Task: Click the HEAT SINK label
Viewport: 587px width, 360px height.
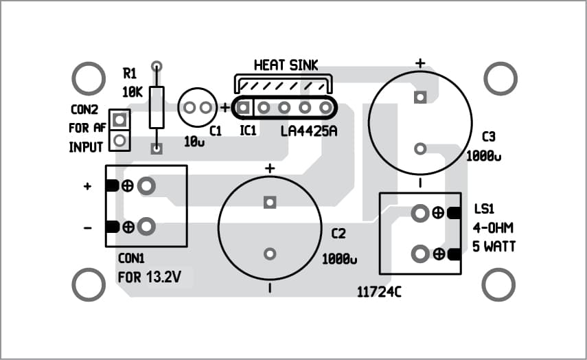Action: tap(286, 65)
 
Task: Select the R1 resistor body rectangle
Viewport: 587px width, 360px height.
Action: tap(157, 107)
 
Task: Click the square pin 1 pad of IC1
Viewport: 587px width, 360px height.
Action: tap(243, 108)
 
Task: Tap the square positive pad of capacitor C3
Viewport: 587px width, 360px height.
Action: tap(419, 98)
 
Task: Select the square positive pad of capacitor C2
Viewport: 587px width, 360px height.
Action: tap(269, 203)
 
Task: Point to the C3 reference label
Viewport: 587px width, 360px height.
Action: tap(488, 135)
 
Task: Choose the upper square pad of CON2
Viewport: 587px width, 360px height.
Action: tap(120, 120)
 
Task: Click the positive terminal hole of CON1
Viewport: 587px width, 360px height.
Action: tap(145, 185)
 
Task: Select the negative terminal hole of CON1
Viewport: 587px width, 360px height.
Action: tap(145, 226)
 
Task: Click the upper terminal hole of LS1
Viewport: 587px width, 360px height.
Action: tap(419, 214)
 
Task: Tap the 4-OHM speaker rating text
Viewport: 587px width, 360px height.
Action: tap(493, 227)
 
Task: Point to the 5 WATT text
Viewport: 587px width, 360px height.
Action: tap(494, 246)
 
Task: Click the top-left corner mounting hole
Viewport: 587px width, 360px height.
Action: tap(89, 80)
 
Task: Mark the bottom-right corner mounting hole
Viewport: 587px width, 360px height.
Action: tap(500, 284)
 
